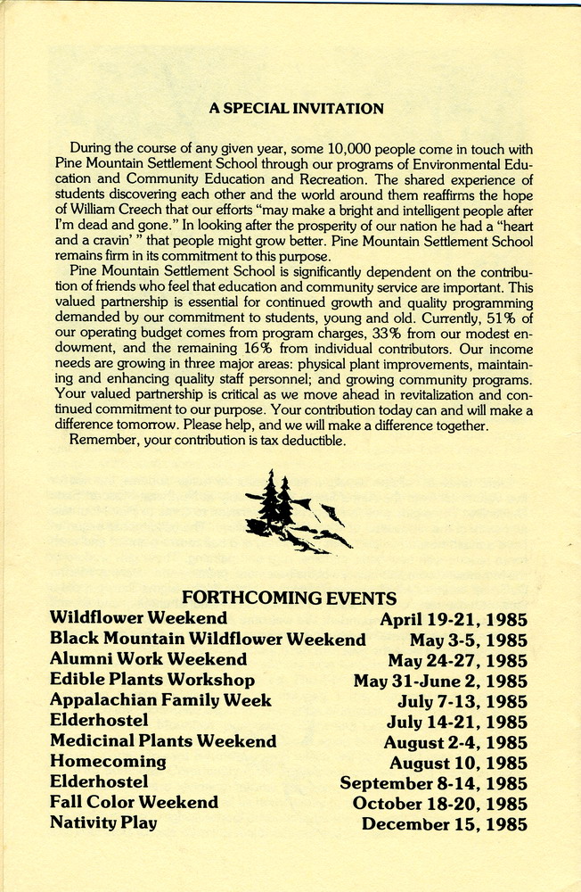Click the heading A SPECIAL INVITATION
pyautogui.click(x=296, y=109)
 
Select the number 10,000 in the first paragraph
pyautogui.click(x=356, y=149)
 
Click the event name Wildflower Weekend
pyautogui.click(x=138, y=617)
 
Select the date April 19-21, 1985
pyautogui.click(x=454, y=619)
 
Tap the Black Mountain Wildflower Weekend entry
pyautogui.click(x=208, y=639)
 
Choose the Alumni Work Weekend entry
pyautogui.click(x=148, y=659)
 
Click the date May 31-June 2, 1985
pyautogui.click(x=440, y=681)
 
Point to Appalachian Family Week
pyautogui.click(x=160, y=700)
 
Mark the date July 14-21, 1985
pyautogui.click(x=456, y=723)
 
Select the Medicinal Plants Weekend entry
pyautogui.click(x=163, y=741)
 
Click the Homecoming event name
pyautogui.click(x=108, y=762)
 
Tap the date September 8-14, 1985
pyautogui.click(x=433, y=783)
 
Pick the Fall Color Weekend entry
pyautogui.click(x=134, y=802)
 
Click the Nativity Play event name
pyautogui.click(x=103, y=822)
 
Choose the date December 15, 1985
pyautogui.click(x=444, y=824)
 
